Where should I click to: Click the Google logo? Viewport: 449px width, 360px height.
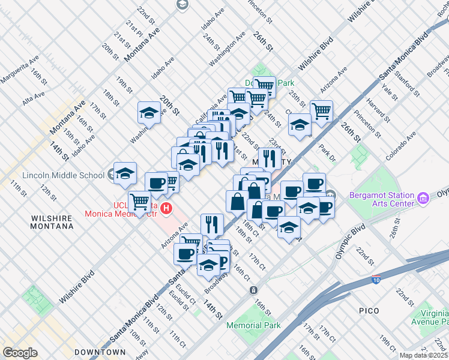(x=20, y=353)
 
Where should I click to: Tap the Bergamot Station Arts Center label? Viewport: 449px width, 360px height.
(x=382, y=200)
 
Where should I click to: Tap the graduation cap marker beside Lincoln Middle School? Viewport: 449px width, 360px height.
(x=125, y=173)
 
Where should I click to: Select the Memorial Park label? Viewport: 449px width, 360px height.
(x=253, y=326)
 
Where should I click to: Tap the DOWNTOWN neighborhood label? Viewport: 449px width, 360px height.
(x=100, y=352)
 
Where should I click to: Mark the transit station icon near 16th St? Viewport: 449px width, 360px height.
(x=254, y=290)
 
